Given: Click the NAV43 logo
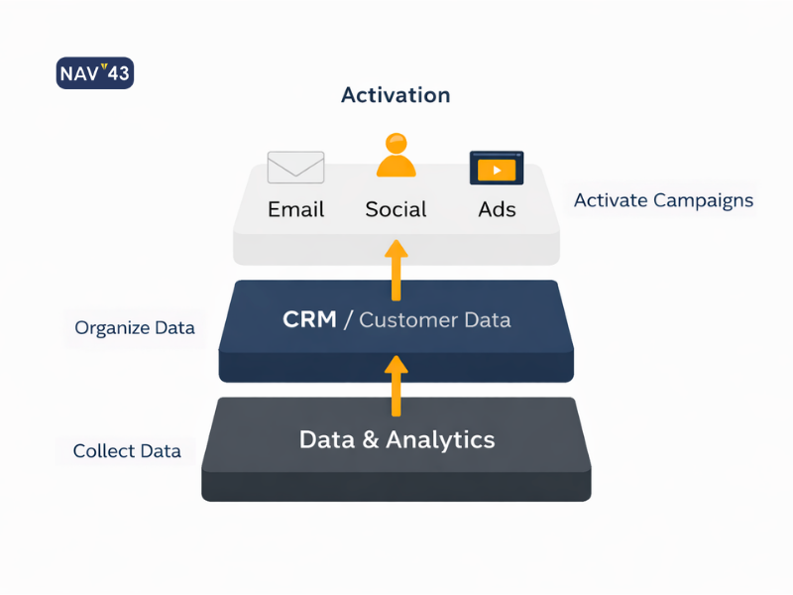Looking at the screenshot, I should click(95, 73).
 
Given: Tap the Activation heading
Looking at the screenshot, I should click(396, 95).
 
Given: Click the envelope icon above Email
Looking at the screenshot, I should click(295, 167).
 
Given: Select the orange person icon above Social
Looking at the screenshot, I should click(396, 155).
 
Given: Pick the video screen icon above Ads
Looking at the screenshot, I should click(497, 169).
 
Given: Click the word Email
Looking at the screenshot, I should click(295, 209).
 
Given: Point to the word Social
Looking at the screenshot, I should click(396, 209).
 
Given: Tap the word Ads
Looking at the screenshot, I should click(497, 209).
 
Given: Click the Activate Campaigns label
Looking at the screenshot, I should click(663, 200).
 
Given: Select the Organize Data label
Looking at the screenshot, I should click(135, 327).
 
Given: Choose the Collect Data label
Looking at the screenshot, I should click(127, 451).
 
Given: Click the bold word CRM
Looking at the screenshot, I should click(308, 319).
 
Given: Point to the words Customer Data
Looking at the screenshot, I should click(435, 319).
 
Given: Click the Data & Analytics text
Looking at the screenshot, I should click(396, 439).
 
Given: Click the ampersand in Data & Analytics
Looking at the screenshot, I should click(369, 439).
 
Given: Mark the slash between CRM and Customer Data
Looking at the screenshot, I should click(347, 319).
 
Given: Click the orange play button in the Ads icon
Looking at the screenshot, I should click(497, 171).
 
